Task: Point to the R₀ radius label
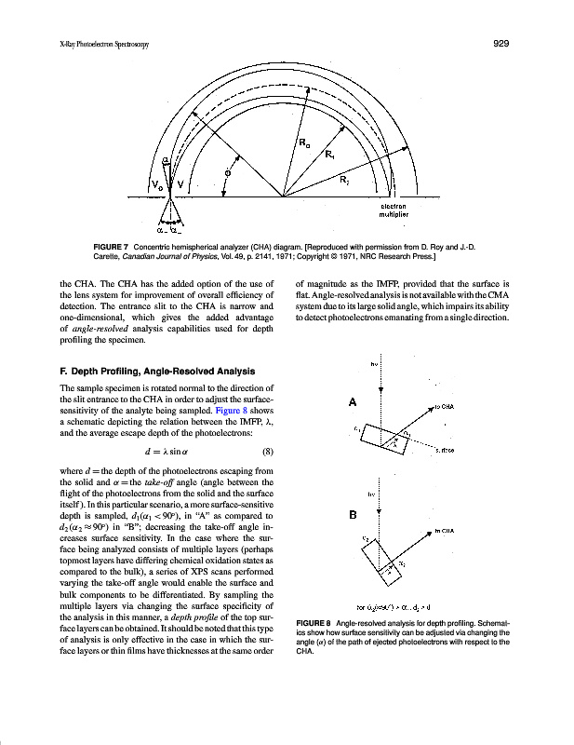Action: click(x=305, y=142)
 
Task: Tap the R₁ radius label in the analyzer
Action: click(x=330, y=155)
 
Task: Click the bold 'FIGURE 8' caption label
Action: click(x=316, y=622)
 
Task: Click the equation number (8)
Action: click(x=267, y=454)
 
